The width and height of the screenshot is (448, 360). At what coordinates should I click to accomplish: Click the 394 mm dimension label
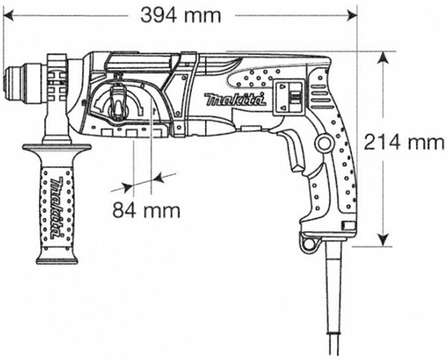181,16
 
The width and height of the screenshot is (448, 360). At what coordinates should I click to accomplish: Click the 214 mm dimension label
403,143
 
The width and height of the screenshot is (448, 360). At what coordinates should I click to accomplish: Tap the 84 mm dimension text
146,210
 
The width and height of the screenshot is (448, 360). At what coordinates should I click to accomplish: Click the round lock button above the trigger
323,143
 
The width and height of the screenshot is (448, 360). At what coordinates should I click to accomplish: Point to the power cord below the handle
334,304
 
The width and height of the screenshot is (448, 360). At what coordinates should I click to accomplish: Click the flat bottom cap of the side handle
56,260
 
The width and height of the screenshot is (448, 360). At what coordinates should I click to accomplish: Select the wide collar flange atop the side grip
56,147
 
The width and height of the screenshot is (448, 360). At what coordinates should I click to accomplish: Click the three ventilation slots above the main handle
322,94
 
